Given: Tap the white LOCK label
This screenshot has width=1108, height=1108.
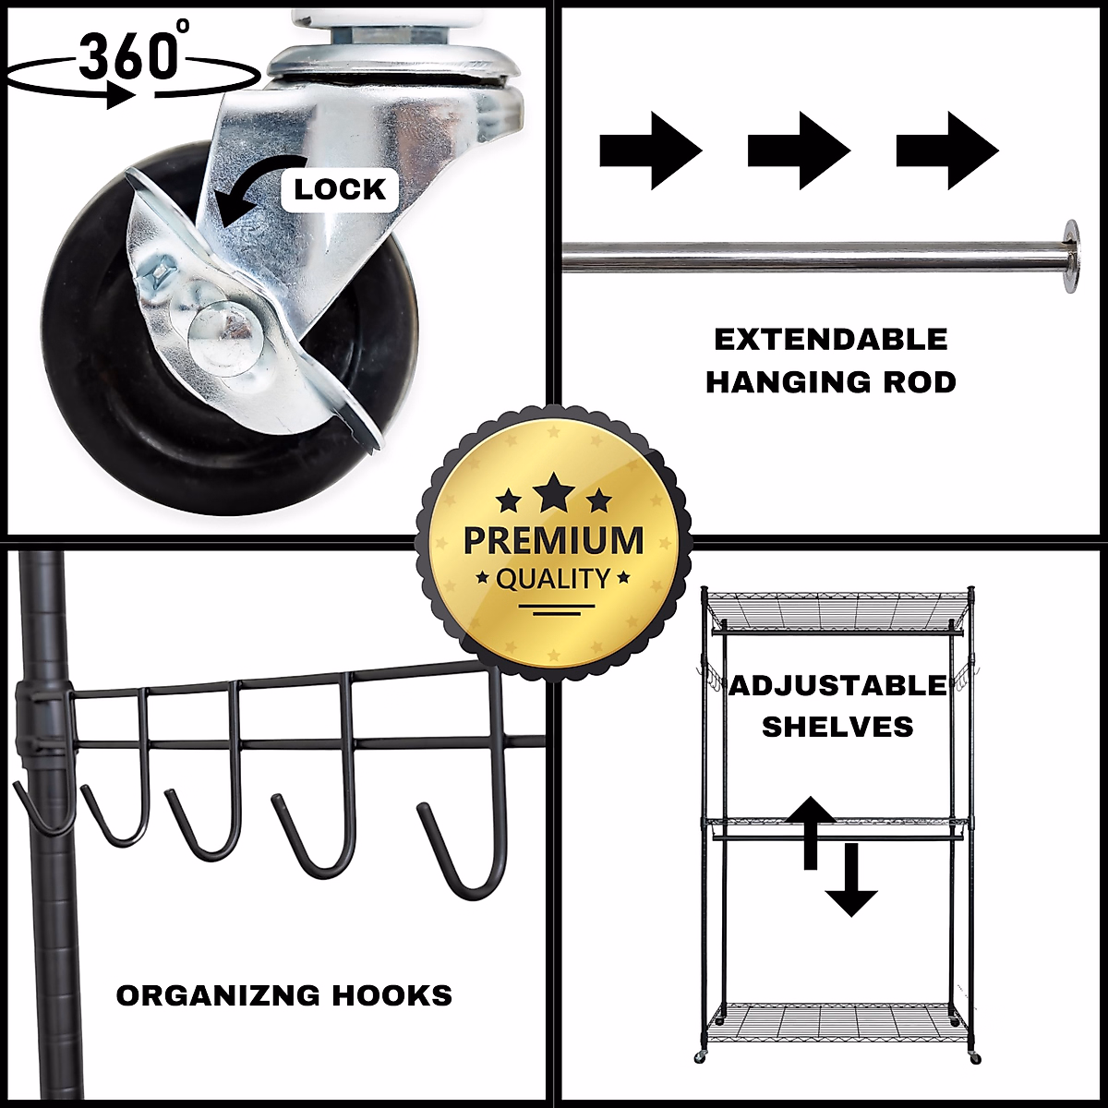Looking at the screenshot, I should click(339, 189).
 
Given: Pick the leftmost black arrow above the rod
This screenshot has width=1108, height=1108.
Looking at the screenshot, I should click(651, 151).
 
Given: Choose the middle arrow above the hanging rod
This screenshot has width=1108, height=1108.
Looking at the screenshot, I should click(799, 151).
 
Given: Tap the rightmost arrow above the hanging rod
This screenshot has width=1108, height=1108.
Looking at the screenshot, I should click(947, 151).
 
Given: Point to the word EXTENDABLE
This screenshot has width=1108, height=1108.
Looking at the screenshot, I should click(831, 340).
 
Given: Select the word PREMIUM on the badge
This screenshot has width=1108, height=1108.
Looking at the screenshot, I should click(553, 540).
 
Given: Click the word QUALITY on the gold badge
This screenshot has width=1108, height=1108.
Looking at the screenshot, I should click(553, 580).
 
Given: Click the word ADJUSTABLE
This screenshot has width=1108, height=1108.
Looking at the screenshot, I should click(837, 686).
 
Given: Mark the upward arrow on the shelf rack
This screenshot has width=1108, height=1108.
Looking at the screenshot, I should click(810, 829).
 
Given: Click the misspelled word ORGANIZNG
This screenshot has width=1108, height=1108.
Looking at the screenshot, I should click(218, 995).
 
